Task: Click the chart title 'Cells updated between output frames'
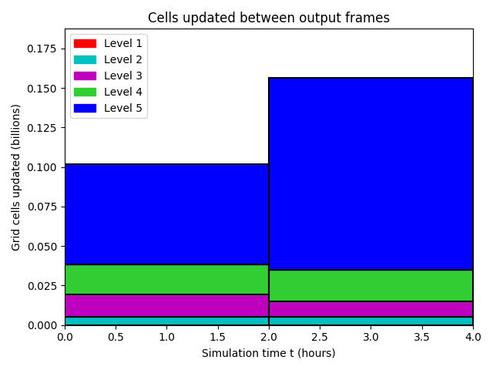click(269, 18)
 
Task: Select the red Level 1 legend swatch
click(85, 43)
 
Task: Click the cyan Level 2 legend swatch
click(85, 60)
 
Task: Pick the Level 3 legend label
click(123, 76)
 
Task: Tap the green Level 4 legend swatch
click(85, 92)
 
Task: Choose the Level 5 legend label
click(123, 108)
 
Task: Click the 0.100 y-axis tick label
click(42, 167)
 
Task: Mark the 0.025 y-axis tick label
click(42, 286)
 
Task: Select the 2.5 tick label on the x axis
click(320, 337)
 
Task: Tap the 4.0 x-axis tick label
click(473, 337)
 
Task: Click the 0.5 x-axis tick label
click(116, 337)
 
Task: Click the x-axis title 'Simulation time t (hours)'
click(269, 353)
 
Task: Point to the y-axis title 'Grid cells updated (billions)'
click(15, 177)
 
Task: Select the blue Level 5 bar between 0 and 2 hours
click(166, 214)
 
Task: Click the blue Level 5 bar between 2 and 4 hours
click(371, 173)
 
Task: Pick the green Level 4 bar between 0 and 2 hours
click(166, 279)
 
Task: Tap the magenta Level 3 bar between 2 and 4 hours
click(371, 309)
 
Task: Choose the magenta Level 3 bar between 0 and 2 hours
click(166, 305)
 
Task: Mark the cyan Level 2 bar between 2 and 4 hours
click(371, 321)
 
